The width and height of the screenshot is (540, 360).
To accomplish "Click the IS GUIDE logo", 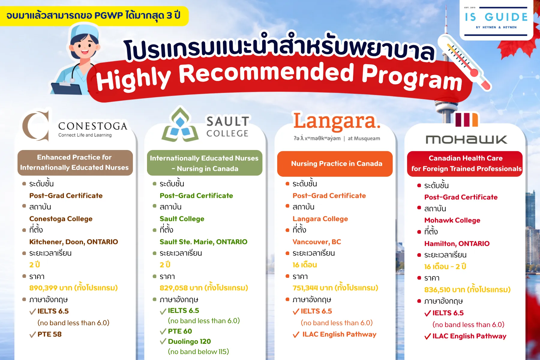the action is click(496, 20).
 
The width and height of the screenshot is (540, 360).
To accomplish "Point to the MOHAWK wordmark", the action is click(466, 139).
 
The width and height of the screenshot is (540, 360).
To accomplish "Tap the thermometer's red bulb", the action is click(483, 80).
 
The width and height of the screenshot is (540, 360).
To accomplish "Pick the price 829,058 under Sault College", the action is click(174, 288).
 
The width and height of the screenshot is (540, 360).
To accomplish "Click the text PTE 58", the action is click(49, 334).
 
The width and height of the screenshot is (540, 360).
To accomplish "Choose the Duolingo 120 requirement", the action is click(189, 341).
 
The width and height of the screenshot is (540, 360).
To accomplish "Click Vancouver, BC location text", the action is click(317, 242).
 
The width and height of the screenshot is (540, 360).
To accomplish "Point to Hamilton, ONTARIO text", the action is click(457, 244).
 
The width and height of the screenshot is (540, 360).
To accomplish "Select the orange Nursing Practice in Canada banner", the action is click(335, 164).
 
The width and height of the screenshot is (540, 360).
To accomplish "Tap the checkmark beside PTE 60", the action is click(163, 331).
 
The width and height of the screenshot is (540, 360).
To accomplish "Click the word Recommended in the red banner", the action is click(267, 73).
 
